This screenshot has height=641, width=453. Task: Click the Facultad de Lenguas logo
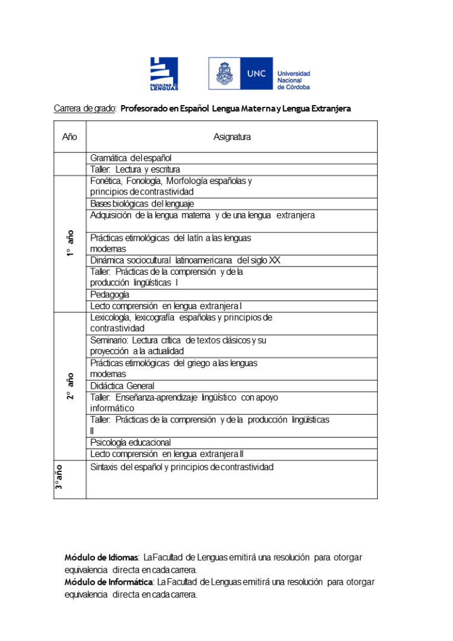click(164, 74)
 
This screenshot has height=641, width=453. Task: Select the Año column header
click(69, 137)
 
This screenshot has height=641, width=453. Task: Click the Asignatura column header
click(232, 137)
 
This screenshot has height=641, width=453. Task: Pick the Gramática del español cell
click(131, 158)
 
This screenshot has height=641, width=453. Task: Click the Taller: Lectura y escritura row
click(135, 170)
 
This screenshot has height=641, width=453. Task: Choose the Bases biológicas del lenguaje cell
click(142, 204)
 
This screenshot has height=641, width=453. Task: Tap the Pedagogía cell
click(110, 294)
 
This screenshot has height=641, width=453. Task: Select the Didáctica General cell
click(122, 386)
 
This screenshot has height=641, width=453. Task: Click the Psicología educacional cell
click(130, 442)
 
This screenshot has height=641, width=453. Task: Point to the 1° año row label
click(70, 243)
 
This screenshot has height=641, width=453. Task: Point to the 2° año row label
click(70, 386)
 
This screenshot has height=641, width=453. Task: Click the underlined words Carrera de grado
click(85, 109)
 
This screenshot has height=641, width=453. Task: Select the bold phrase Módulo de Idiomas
click(101, 557)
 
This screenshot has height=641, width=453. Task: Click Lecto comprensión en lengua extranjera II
click(167, 454)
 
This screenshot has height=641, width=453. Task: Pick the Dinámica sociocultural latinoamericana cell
click(185, 260)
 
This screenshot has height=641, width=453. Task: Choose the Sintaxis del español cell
click(182, 467)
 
